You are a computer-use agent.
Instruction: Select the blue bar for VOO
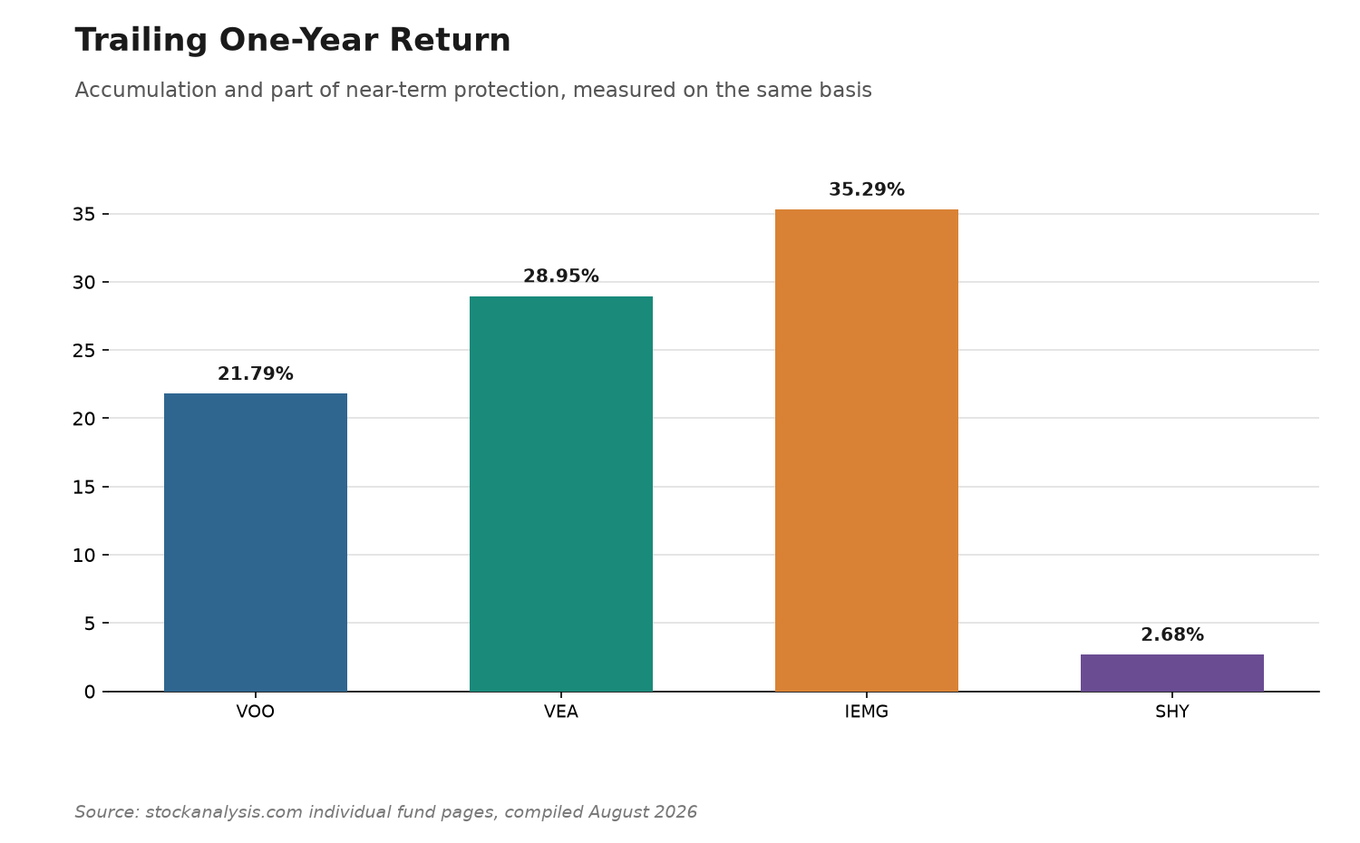click(x=256, y=543)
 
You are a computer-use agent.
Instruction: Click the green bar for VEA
click(x=561, y=494)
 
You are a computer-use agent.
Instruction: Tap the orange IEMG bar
click(x=867, y=451)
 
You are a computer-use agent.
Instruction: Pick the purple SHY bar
click(x=1171, y=673)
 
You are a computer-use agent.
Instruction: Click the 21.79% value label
click(x=256, y=373)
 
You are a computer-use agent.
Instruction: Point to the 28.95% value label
click(x=561, y=276)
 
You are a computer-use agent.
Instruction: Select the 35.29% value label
click(x=867, y=189)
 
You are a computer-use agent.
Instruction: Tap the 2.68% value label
click(x=1171, y=635)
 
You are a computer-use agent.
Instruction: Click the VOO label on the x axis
click(x=256, y=712)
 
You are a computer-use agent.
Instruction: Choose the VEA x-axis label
click(x=561, y=712)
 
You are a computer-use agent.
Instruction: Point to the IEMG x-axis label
click(x=867, y=712)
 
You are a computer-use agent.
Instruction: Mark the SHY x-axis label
click(x=1171, y=712)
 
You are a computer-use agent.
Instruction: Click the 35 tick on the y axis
click(x=83, y=214)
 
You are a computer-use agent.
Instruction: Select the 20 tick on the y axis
click(x=83, y=419)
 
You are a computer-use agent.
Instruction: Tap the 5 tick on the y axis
click(x=90, y=624)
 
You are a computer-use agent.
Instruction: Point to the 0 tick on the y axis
click(x=90, y=692)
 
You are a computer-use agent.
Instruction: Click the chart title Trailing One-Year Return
click(x=293, y=41)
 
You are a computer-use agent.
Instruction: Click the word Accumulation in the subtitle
click(x=146, y=90)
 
